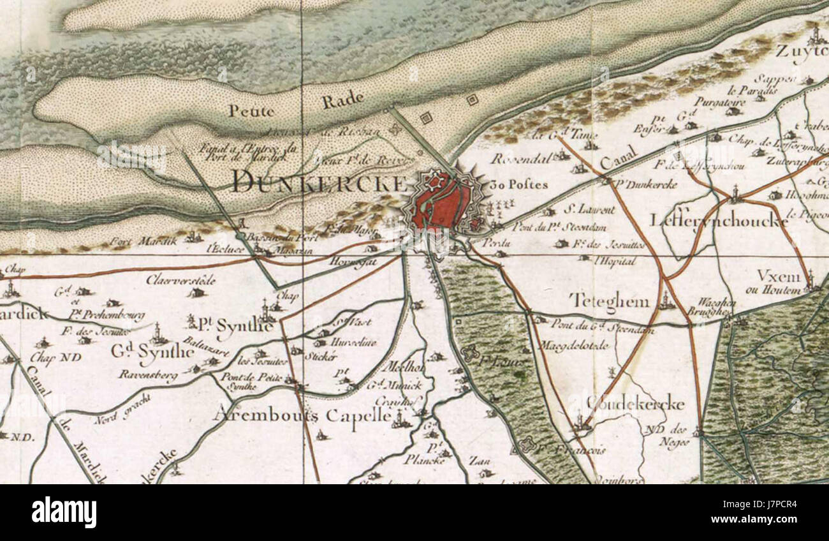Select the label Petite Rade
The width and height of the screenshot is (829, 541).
point(297,105)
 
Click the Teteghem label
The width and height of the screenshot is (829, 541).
point(609,300)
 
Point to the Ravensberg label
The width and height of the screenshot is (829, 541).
point(147,375)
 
